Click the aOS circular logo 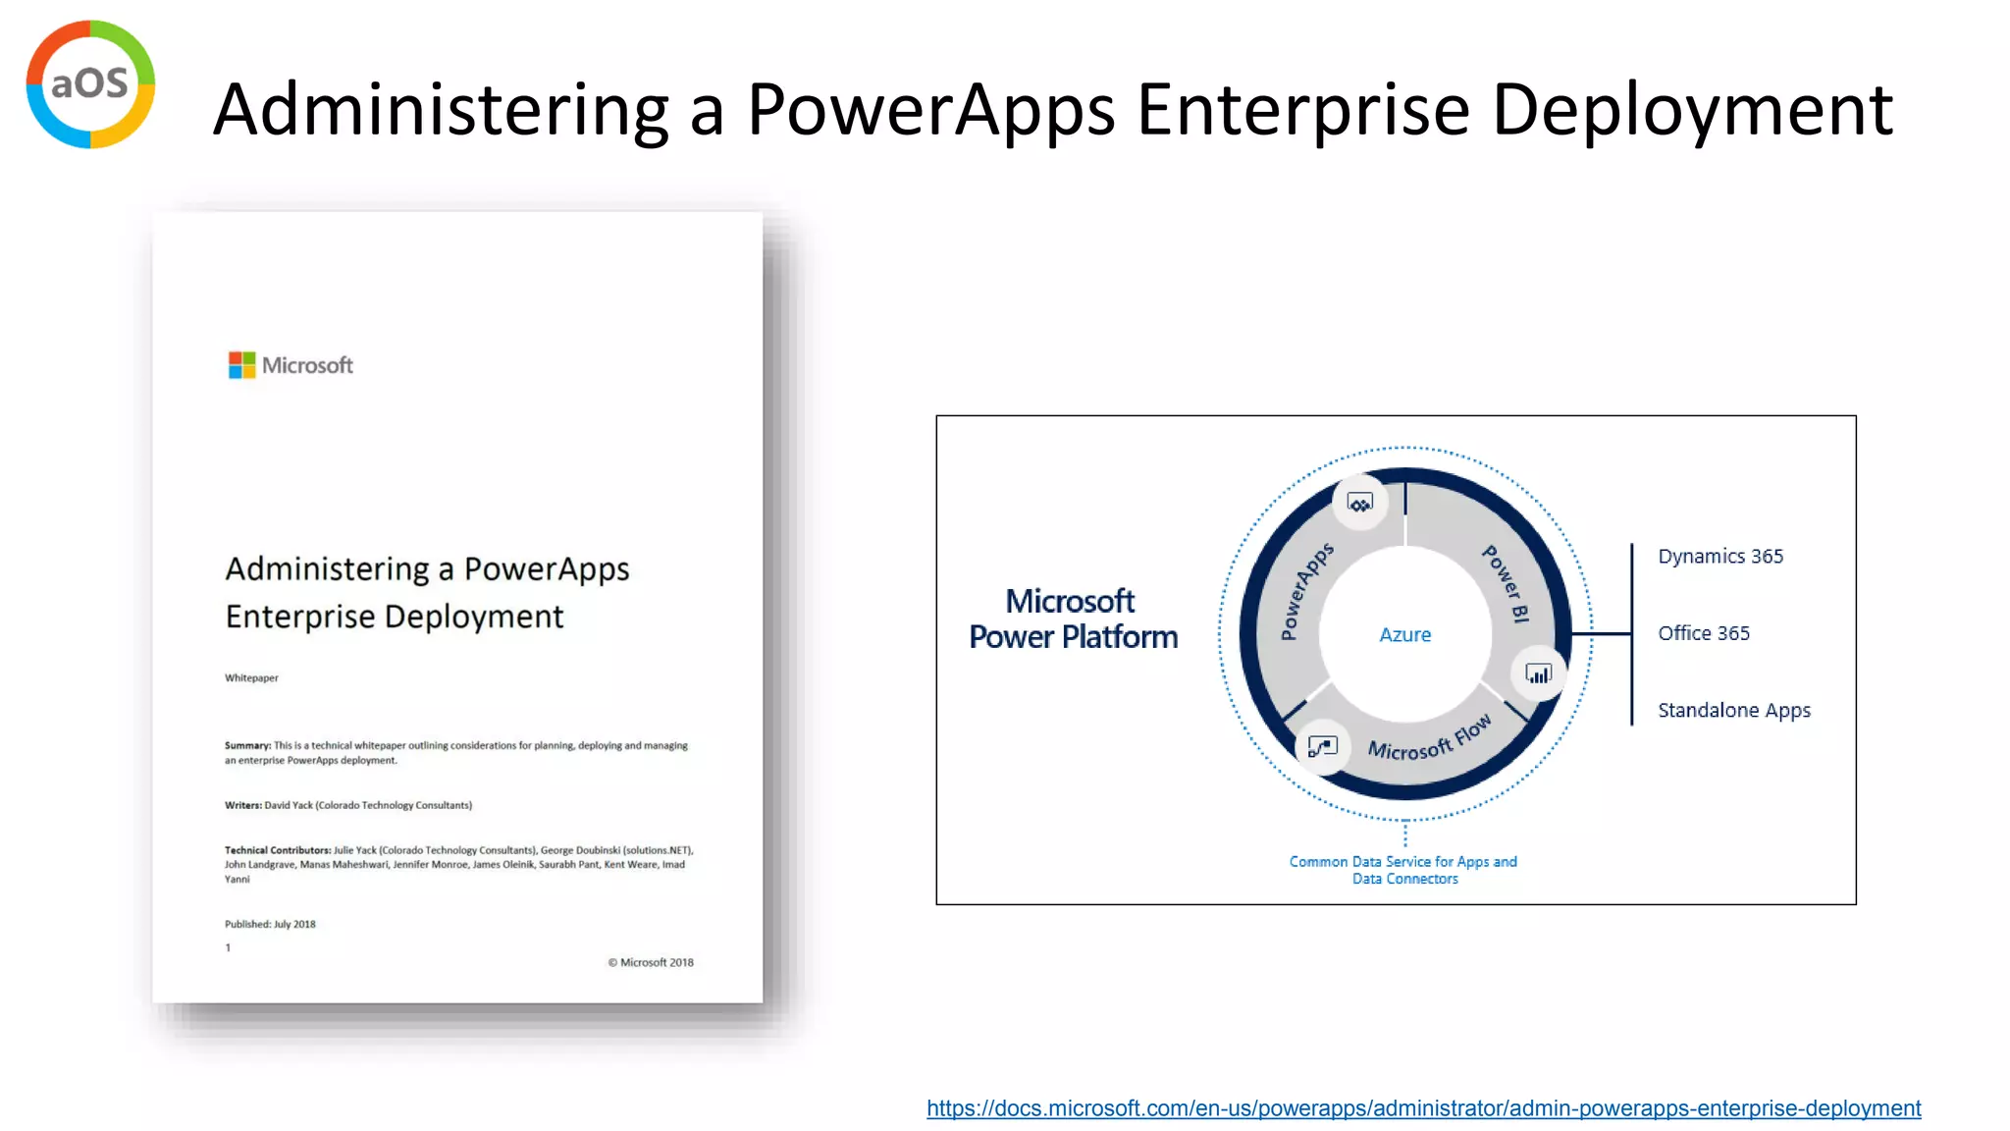pyautogui.click(x=90, y=84)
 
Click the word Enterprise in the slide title pyautogui.click(x=1303, y=109)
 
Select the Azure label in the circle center pyautogui.click(x=1404, y=635)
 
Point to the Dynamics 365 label pyautogui.click(x=1719, y=557)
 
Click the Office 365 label pyautogui.click(x=1703, y=633)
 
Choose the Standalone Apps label pyautogui.click(x=1733, y=710)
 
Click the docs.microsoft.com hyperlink pyautogui.click(x=1423, y=1108)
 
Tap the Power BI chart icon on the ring pyautogui.click(x=1538, y=674)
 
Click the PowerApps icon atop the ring pyautogui.click(x=1359, y=504)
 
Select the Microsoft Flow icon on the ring pyautogui.click(x=1322, y=747)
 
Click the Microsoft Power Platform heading pyautogui.click(x=1073, y=619)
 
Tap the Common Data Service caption pyautogui.click(x=1403, y=870)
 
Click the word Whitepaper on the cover pyautogui.click(x=251, y=677)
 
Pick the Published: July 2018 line pyautogui.click(x=270, y=924)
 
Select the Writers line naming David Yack pyautogui.click(x=348, y=805)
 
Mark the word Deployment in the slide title pyautogui.click(x=1692, y=109)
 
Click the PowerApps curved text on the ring pyautogui.click(x=1306, y=590)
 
